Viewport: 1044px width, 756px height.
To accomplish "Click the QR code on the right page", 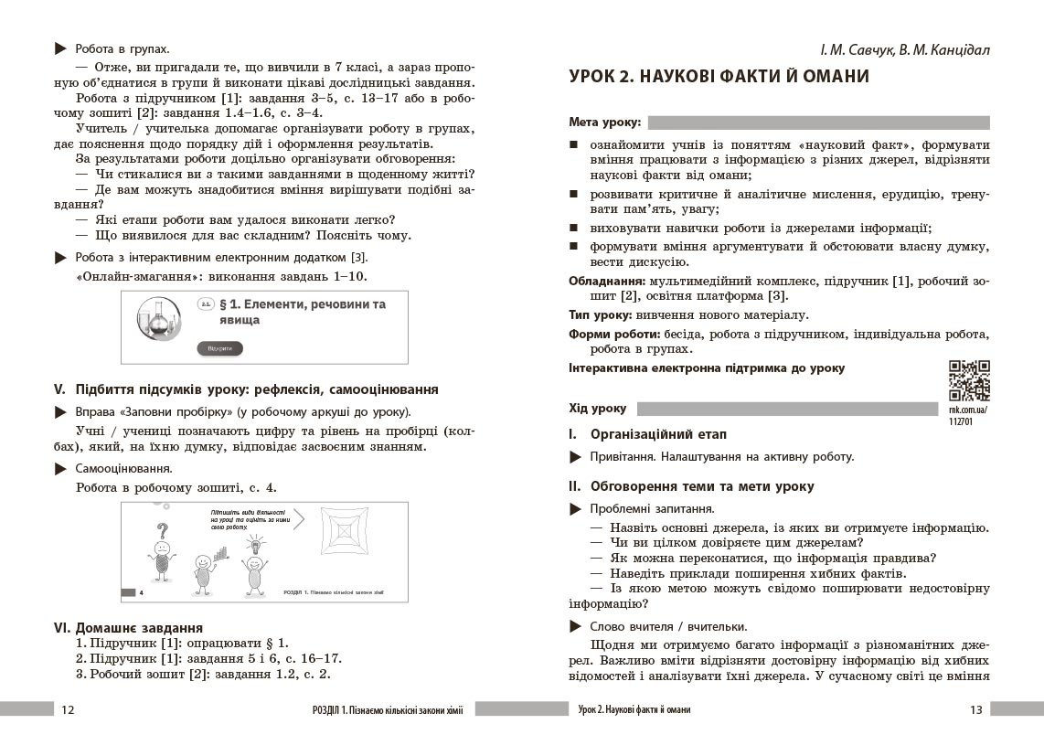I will (969, 380).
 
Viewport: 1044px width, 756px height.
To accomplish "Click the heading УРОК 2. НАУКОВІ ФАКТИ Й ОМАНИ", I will (719, 77).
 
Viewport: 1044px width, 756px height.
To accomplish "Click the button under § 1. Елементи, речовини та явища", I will (219, 349).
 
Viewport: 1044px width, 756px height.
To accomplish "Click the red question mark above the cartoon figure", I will (163, 531).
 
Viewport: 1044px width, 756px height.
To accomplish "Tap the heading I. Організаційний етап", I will (648, 433).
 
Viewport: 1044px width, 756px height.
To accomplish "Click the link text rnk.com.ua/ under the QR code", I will (969, 410).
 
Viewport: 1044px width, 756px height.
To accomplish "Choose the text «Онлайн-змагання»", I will (125, 276).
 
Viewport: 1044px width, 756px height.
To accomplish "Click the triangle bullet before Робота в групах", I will (60, 48).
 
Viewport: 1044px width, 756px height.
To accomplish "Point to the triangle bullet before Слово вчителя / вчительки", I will (575, 626).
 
